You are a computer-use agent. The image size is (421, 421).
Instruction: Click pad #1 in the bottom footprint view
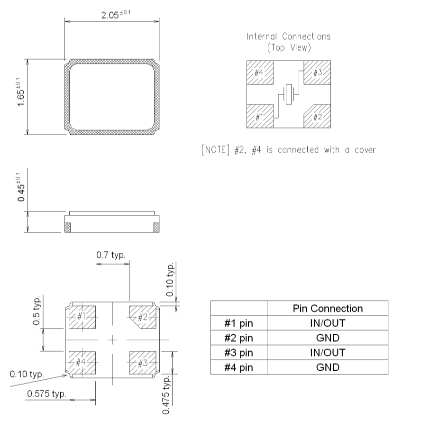point(82,316)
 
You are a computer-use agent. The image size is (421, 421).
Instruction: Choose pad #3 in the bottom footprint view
point(143,363)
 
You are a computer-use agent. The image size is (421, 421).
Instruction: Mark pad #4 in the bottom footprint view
point(82,363)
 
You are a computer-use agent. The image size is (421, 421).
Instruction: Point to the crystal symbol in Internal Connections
point(288,94)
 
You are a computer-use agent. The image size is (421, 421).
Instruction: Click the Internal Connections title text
point(288,37)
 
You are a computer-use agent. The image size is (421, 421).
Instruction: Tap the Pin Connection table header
point(327,308)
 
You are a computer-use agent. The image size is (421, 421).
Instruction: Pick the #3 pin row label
point(238,353)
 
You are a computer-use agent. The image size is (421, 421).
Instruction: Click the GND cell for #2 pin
point(327,338)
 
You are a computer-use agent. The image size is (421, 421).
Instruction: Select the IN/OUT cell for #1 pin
point(327,323)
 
